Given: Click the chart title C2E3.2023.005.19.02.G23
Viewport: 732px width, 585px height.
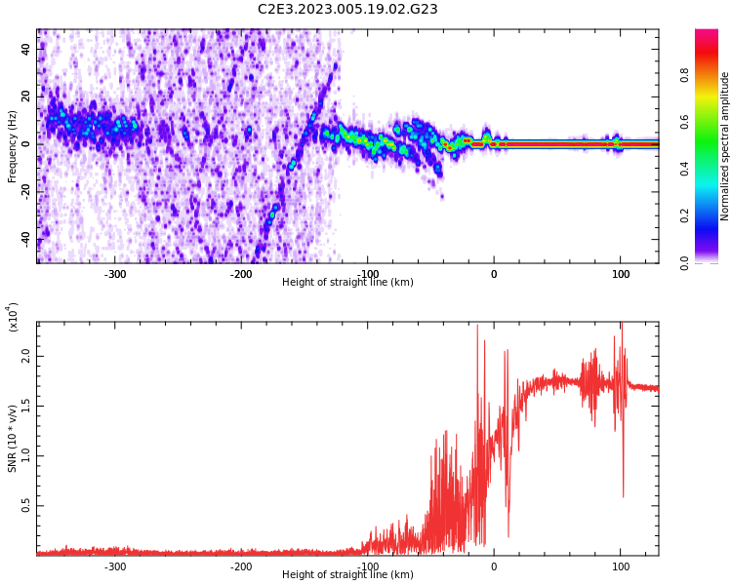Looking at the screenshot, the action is point(347,9).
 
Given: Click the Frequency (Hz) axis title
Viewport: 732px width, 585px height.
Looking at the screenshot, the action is point(12,146).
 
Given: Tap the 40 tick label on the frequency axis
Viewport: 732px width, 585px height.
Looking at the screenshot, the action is point(26,49).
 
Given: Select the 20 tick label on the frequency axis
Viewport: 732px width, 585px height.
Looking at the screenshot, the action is point(26,97).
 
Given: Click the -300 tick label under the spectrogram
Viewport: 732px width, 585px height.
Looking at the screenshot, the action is point(114,274).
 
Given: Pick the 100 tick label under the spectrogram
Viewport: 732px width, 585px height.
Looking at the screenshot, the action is point(621,274).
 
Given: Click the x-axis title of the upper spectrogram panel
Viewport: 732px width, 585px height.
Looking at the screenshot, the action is point(347,282).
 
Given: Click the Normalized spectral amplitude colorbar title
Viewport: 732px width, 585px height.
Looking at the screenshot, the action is point(724,146).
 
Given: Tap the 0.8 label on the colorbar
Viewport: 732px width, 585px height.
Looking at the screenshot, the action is point(684,75).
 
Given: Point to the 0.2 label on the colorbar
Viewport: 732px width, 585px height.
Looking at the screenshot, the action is point(684,215).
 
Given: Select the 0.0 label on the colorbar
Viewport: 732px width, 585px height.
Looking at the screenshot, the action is point(684,262).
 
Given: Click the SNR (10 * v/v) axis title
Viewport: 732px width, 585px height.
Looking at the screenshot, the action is point(12,439).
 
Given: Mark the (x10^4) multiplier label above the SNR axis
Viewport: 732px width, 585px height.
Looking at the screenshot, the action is point(12,317).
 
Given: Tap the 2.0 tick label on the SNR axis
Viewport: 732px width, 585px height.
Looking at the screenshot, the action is point(26,356).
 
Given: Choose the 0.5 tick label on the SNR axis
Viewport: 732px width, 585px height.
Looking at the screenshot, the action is point(26,506).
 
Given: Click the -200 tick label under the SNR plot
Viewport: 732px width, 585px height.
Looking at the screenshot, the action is point(241,566).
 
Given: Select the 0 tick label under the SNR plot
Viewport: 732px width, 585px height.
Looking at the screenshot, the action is point(494,566).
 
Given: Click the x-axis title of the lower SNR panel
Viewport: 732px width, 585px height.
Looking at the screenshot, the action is point(347,574).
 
